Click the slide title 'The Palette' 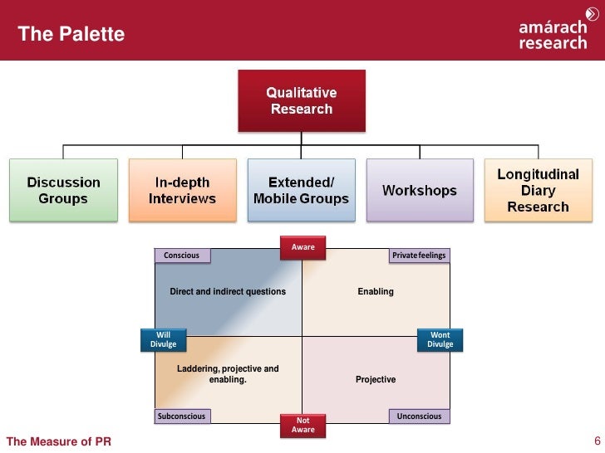tap(71, 34)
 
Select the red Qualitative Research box tap(301, 100)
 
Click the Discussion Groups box tap(63, 190)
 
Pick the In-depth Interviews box tap(182, 190)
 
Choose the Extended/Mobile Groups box tap(301, 190)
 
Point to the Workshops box tap(419, 190)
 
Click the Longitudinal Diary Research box tap(538, 189)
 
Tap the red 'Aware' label tap(302, 247)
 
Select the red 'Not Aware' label tap(302, 425)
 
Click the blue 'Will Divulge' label tap(163, 339)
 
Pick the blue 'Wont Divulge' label tap(440, 339)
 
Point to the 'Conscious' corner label tap(181, 256)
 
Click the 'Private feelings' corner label tap(419, 256)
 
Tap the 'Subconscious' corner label tap(181, 416)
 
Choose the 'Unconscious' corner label tap(420, 416)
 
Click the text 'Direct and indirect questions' tap(228, 292)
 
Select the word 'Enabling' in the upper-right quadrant tap(376, 292)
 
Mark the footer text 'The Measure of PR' tap(58, 441)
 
